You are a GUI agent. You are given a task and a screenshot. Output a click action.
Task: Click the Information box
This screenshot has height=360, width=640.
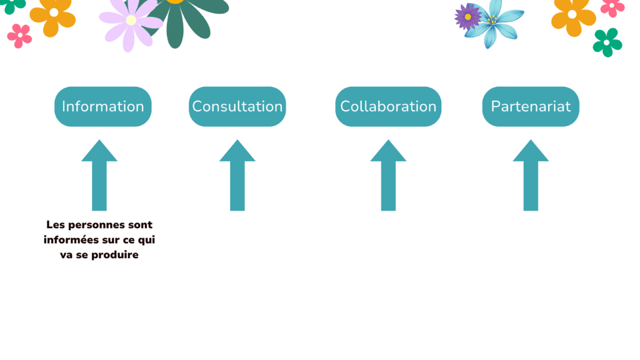pos(103,106)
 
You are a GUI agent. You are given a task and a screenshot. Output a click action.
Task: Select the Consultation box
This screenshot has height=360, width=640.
pos(237,106)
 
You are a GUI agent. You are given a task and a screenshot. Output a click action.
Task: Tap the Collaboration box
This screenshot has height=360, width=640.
pos(388,106)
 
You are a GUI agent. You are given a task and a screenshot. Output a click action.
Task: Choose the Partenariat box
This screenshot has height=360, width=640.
pos(531,106)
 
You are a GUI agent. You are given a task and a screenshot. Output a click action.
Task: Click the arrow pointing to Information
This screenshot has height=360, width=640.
pos(99,175)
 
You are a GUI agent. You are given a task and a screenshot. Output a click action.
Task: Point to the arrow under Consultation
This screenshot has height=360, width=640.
pos(237,175)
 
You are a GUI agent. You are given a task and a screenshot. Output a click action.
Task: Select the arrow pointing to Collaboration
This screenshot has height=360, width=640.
pos(388,175)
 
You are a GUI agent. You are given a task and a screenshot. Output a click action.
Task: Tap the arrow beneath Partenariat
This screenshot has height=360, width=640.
pos(531,175)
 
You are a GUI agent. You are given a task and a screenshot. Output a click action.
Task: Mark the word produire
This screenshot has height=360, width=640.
pos(115,255)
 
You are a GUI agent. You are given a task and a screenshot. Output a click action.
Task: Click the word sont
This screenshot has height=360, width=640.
pos(140,225)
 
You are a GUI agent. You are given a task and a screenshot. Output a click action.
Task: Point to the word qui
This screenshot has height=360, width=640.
pos(146,241)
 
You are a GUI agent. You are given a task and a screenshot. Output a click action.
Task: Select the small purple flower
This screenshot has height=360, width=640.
pos(467,17)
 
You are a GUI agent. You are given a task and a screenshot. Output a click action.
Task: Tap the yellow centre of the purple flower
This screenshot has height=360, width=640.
pos(467,17)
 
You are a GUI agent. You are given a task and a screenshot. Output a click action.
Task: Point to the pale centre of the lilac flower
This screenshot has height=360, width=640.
pos(131,20)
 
